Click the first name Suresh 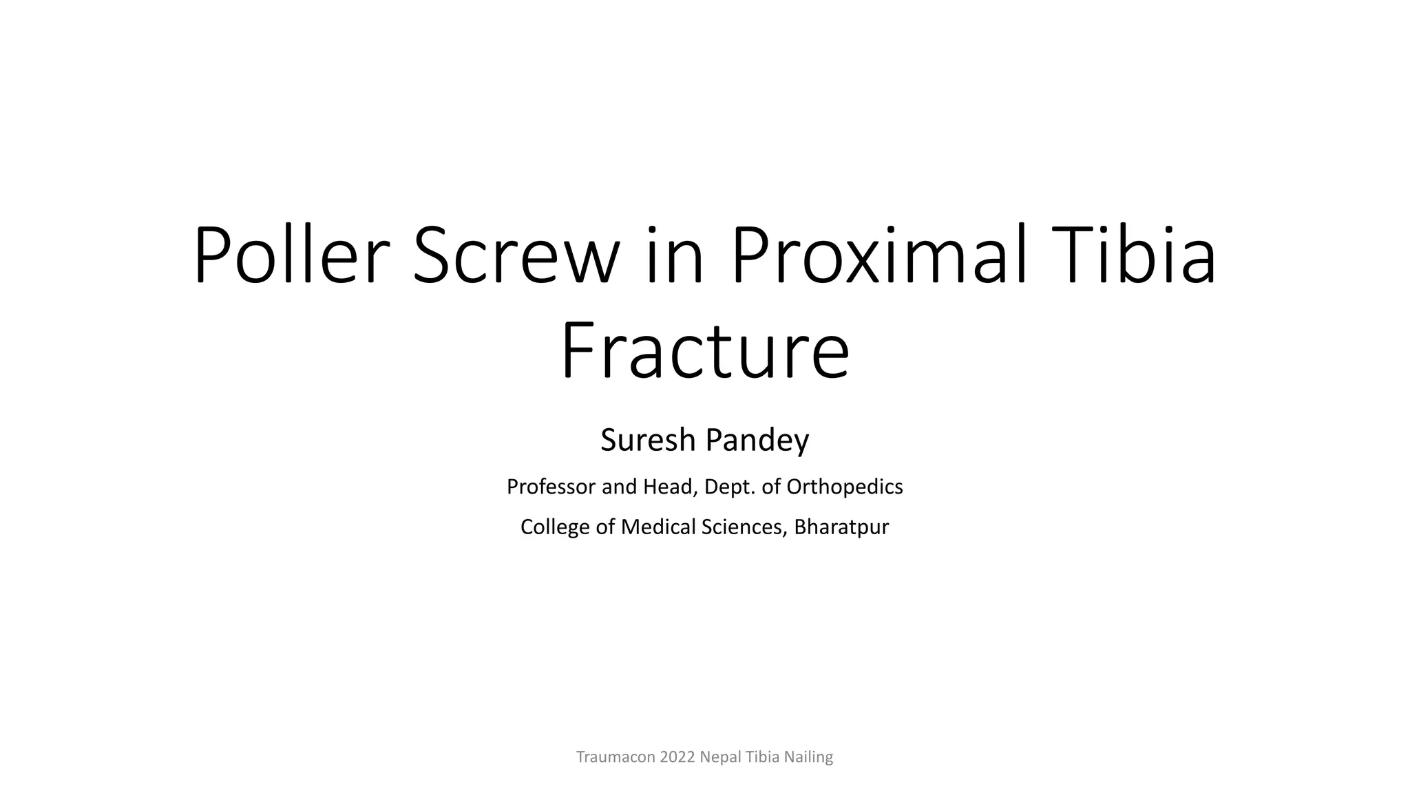coord(648,441)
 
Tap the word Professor coord(551,487)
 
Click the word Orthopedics coord(844,487)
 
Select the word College coord(551,527)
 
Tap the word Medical coord(659,527)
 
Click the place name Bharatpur coord(841,527)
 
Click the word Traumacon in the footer coord(615,757)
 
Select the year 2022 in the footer coord(677,757)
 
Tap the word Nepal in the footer coord(720,757)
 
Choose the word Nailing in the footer coord(809,757)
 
